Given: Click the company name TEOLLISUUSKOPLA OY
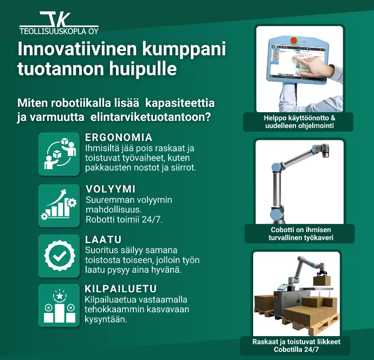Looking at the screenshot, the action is [59, 31].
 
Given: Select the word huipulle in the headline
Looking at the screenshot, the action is [143, 69].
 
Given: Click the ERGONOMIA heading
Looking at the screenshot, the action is [119, 137].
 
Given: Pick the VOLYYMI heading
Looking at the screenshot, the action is [111, 189].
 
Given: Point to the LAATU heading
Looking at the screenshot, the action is [104, 240].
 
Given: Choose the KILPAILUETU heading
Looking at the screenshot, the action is [120, 288].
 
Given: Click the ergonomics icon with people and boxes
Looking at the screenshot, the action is [59, 154].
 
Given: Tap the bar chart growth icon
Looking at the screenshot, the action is [59, 205].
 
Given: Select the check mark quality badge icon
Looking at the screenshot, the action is [59, 256].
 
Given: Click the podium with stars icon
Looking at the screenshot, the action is [59, 305].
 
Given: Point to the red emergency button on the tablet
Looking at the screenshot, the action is [294, 40].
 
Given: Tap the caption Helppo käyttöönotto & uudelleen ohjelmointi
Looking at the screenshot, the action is [299, 121].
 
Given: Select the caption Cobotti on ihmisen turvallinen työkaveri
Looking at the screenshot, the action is [300, 234].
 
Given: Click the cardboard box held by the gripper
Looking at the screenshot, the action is [322, 280].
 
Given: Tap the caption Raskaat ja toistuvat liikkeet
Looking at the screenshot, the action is [296, 342].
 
